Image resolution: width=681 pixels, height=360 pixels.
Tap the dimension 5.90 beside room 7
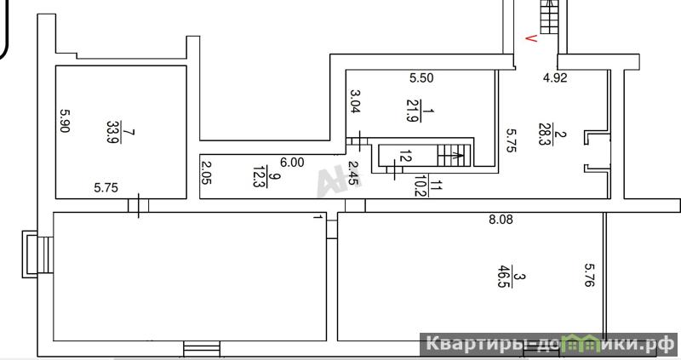tap(65, 120)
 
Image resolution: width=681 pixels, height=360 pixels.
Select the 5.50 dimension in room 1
tap(421, 78)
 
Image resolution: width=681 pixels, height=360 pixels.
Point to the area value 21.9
tap(412, 111)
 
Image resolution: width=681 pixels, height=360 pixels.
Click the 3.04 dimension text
tap(355, 101)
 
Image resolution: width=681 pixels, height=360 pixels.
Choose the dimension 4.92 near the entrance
tap(555, 78)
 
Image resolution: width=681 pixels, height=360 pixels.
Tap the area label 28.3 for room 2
tap(544, 134)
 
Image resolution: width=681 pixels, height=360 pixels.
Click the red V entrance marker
tap(531, 38)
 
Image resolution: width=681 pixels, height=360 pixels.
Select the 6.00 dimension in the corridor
tap(292, 163)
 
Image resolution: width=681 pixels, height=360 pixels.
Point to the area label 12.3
tap(259, 176)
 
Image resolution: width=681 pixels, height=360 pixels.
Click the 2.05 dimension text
tap(206, 173)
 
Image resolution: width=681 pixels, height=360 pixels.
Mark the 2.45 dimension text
tap(355, 174)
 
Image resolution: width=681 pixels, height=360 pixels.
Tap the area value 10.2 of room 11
tap(420, 186)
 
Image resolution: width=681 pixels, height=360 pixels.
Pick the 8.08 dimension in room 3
tap(501, 220)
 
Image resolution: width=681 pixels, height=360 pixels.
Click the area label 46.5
tap(504, 277)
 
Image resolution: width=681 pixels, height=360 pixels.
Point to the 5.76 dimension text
tap(589, 275)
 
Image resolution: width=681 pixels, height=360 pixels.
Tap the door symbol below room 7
tap(139, 205)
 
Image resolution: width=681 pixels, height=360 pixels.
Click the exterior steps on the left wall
tap(37, 254)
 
